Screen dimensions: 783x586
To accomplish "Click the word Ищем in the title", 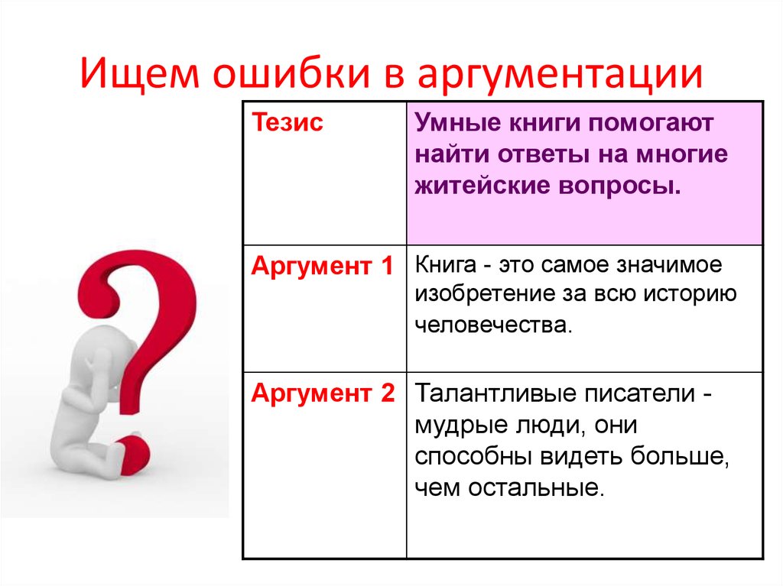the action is (x=139, y=74).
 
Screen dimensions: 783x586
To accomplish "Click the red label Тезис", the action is (x=288, y=122).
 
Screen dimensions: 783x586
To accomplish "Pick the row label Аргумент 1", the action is (x=322, y=266).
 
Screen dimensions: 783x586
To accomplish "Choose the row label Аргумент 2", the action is (x=323, y=393).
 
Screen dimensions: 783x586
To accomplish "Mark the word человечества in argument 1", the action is (x=493, y=325).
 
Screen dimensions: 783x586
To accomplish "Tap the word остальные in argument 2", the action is (x=535, y=487).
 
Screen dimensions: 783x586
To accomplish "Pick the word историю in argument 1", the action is (x=690, y=294).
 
